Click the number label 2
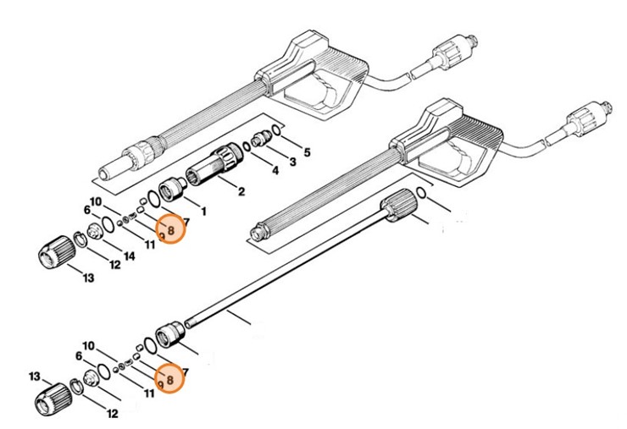coord(241,192)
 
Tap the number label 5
coord(307,152)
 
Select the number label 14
coord(129,256)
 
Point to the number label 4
coord(274,171)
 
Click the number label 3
coord(291,161)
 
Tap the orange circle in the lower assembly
coord(170,381)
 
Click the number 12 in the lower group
coord(111,414)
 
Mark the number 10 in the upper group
coord(95,201)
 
